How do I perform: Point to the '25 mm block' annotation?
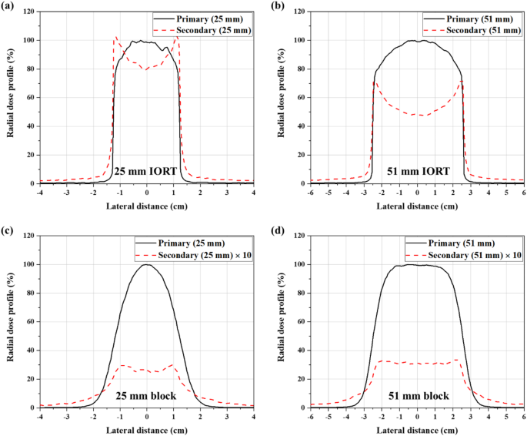[x=147, y=395]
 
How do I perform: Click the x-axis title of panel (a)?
[x=147, y=206]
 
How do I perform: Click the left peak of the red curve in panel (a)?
[x=116, y=37]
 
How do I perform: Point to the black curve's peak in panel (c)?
[x=147, y=265]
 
